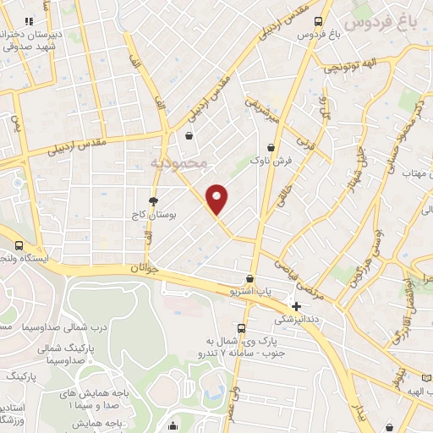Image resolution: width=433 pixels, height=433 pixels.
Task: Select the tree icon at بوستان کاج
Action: (153, 201)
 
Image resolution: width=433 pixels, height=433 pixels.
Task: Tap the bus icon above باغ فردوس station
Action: (317, 21)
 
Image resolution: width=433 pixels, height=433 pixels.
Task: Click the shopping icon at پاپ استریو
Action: (249, 278)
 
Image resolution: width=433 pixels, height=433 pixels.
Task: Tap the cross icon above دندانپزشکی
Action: (296, 305)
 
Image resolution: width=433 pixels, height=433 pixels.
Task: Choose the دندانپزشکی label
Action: (297, 320)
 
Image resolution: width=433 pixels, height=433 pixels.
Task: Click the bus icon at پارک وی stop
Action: (243, 328)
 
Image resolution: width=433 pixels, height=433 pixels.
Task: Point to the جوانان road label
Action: (145, 268)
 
